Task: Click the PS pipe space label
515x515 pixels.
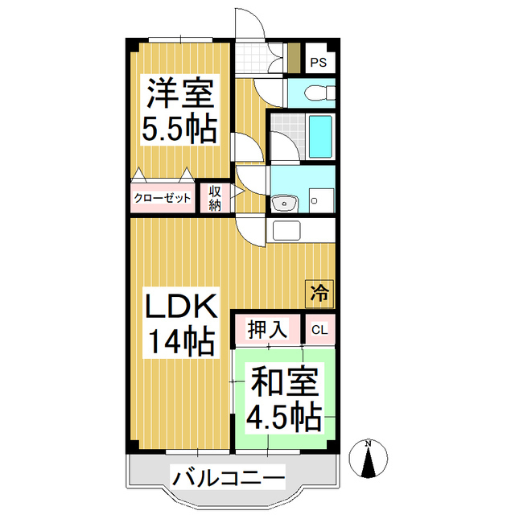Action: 319,62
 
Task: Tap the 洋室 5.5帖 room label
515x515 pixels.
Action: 179,110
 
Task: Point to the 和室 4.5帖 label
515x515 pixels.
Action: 283,399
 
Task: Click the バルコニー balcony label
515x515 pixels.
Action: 229,478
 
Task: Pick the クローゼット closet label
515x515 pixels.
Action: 163,198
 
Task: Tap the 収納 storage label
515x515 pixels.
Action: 215,198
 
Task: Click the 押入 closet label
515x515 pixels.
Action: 268,329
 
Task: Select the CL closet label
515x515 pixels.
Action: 319,330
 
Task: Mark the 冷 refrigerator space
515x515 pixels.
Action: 319,294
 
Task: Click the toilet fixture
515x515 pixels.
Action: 319,93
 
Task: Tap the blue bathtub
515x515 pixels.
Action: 320,137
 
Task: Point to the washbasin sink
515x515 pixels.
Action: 284,204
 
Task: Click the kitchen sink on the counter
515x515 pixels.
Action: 286,231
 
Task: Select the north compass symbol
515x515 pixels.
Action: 369,459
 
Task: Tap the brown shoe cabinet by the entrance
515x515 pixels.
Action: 294,58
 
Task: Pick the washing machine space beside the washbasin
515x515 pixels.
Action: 322,200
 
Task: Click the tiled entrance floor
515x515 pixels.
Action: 252,58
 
